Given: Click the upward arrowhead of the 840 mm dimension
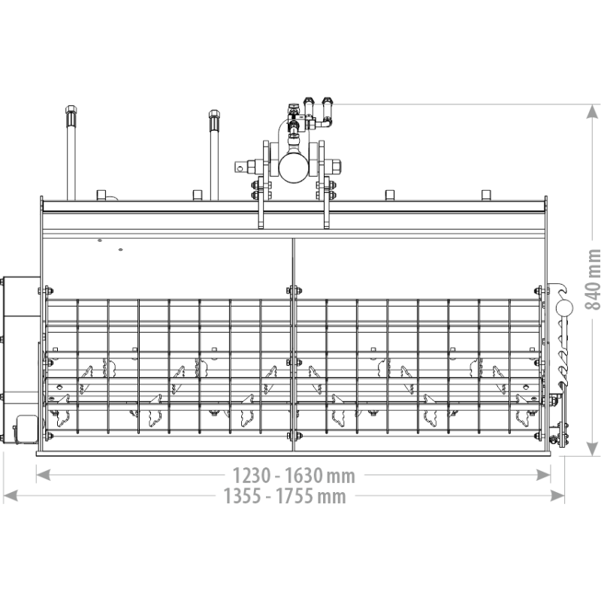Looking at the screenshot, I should pyautogui.click(x=593, y=113).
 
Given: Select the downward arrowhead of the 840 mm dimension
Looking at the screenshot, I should pyautogui.click(x=593, y=448).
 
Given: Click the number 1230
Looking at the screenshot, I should pyautogui.click(x=248, y=476).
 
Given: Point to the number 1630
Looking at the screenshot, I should pyautogui.click(x=304, y=476).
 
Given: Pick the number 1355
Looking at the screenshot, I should pyautogui.click(x=243, y=496).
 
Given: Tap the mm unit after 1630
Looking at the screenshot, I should pyautogui.click(x=341, y=476).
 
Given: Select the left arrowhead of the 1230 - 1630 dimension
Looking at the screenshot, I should pyautogui.click(x=43, y=475).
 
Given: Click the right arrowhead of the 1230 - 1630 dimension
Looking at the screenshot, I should pyautogui.click(x=543, y=475).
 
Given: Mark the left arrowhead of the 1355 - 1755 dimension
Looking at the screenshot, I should pyautogui.click(x=11, y=495).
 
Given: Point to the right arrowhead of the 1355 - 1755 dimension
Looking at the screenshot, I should pyautogui.click(x=557, y=495).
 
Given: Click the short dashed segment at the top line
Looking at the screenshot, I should pyautogui.click(x=319, y=105).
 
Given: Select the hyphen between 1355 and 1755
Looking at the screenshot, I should pyautogui.click(x=269, y=497).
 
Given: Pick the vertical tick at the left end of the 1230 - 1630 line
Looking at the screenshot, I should pyautogui.click(x=35, y=474).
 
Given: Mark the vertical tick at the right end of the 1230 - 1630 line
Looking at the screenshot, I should pyautogui.click(x=551, y=474).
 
